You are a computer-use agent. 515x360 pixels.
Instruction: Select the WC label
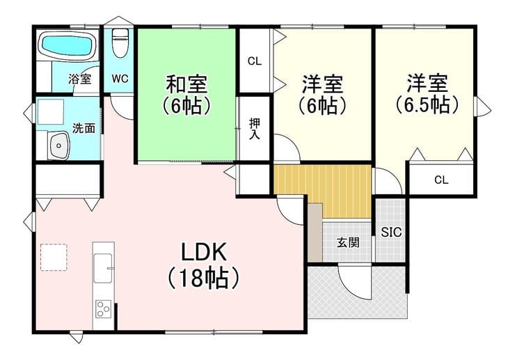[x=120, y=79]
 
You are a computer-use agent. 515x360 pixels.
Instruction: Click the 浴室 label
[x=80, y=79]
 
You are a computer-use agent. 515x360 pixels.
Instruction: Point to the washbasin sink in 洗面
[x=60, y=146]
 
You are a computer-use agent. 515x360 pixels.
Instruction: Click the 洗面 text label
[x=84, y=128]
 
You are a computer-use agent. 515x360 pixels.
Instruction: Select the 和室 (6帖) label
[x=187, y=95]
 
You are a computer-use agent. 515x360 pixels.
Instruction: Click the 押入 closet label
[x=255, y=129]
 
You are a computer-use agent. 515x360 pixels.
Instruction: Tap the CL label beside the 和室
[x=255, y=61]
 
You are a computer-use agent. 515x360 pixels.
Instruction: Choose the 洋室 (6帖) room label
[x=323, y=95]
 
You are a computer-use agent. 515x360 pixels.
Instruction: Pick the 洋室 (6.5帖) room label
[x=427, y=94]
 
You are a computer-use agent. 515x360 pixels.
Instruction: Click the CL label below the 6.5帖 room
[x=441, y=180]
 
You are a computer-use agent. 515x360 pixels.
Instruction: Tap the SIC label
[x=391, y=233]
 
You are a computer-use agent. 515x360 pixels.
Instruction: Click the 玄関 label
[x=348, y=242]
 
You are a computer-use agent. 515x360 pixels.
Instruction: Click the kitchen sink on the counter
[x=103, y=268]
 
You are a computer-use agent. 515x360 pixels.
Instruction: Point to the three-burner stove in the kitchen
[x=103, y=308]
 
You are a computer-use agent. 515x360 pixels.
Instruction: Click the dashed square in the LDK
[x=54, y=258]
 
